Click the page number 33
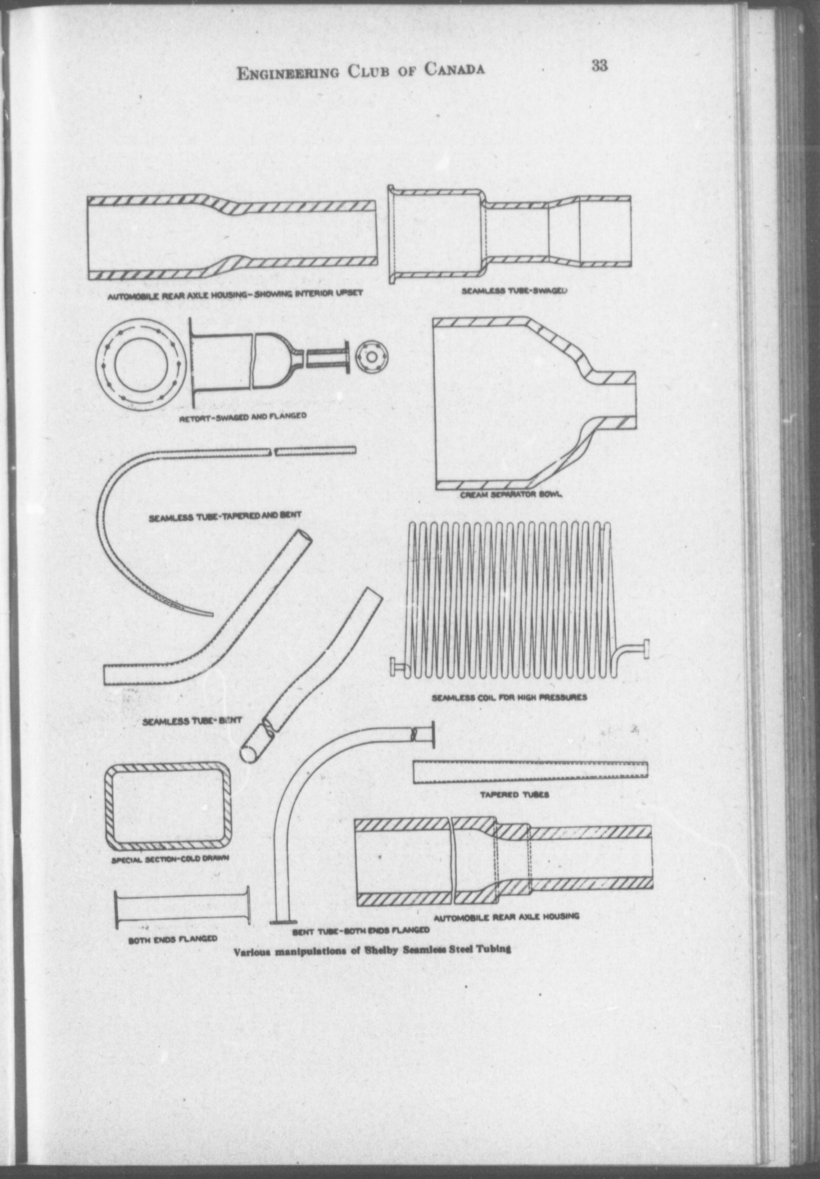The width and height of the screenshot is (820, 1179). click(600, 66)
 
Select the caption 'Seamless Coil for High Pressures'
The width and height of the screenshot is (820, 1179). click(509, 697)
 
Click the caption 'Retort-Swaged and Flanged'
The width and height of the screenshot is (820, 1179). click(243, 416)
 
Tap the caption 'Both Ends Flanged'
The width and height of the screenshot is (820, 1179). click(173, 938)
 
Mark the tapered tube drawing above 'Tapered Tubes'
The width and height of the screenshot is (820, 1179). click(530, 772)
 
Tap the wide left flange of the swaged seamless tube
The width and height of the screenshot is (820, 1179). click(391, 235)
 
